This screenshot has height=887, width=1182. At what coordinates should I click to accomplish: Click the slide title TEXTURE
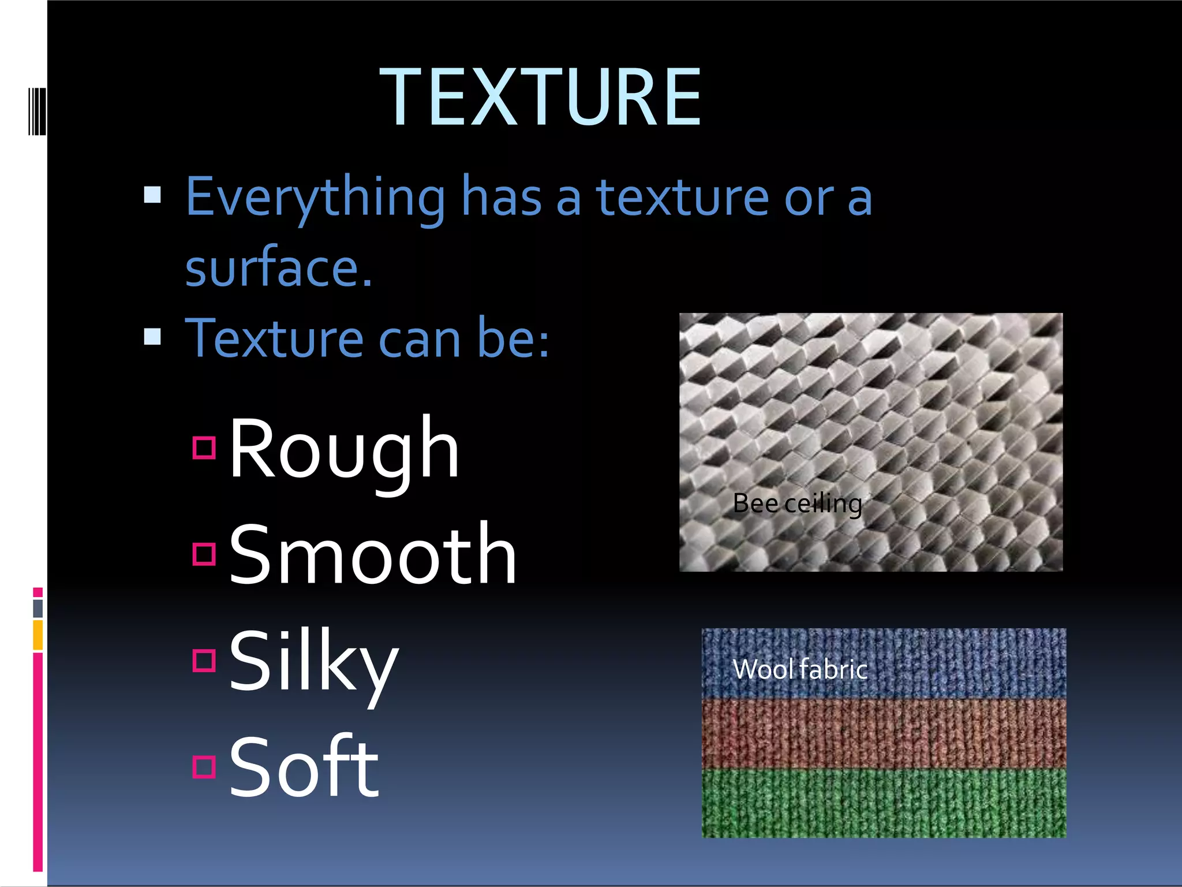pos(540,96)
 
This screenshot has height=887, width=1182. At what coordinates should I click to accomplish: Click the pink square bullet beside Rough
pos(204,448)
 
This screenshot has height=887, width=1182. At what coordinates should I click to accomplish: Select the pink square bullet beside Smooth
pos(204,554)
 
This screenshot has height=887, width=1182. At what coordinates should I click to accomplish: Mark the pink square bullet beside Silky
pos(204,660)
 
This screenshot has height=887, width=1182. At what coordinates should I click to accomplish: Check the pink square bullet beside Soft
pos(204,766)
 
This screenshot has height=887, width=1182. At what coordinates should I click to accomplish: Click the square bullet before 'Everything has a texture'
pos(152,195)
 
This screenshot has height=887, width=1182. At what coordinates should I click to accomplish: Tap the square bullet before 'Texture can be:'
pos(152,336)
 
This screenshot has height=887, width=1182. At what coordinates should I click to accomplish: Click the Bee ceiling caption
pos(797,504)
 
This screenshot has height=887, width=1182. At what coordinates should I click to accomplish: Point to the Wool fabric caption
pos(800,669)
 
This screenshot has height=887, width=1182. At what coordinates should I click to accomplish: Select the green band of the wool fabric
pos(883,803)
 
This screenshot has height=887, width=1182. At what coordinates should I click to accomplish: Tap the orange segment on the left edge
pos(38,635)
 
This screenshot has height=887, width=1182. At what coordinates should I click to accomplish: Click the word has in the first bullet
pos(501,197)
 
